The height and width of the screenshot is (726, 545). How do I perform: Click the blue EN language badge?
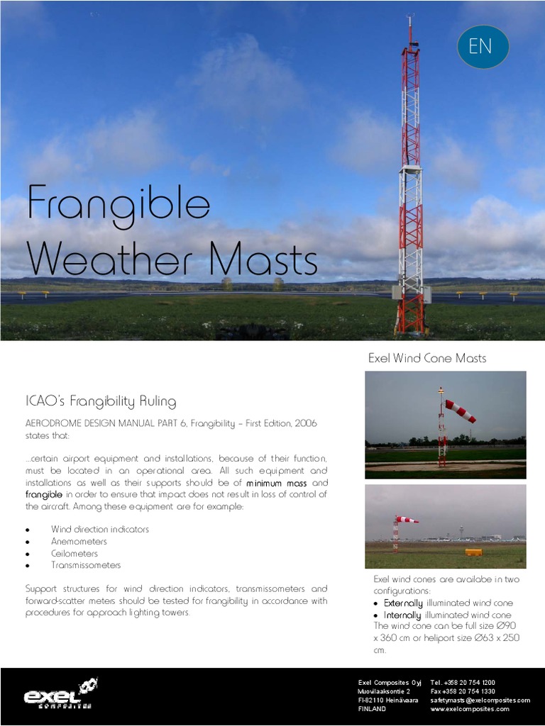[483, 47]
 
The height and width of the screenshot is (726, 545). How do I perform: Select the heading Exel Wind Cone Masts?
[427, 358]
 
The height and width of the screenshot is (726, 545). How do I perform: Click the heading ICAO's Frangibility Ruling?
[101, 402]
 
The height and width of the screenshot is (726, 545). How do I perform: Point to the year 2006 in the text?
[303, 423]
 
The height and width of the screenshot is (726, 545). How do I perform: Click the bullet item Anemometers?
[79, 542]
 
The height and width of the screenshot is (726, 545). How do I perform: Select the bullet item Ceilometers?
[75, 554]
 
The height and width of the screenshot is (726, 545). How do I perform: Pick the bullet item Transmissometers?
[86, 565]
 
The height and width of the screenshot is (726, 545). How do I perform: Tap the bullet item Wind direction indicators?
[100, 530]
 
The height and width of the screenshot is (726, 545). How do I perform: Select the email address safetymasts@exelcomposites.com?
[480, 700]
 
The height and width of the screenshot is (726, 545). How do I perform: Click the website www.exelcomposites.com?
[469, 709]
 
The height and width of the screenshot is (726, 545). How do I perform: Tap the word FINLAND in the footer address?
[372, 709]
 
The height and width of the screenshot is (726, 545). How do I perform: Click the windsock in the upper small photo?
[461, 411]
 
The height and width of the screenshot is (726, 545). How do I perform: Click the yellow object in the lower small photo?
[473, 552]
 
